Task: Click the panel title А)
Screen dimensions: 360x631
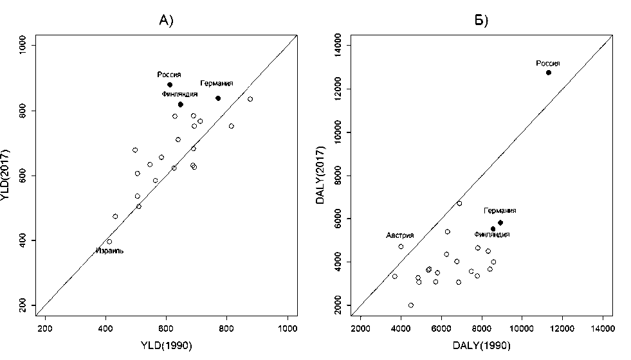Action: (167, 21)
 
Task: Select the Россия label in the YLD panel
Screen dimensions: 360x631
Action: (169, 75)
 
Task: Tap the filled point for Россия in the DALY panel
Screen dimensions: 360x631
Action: (549, 73)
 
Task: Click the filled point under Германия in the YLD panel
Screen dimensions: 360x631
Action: (218, 98)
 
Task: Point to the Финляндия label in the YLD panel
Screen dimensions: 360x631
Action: (179, 94)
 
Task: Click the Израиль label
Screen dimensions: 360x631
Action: (109, 251)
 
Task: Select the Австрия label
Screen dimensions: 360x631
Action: (400, 235)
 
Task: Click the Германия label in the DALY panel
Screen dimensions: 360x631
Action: (500, 211)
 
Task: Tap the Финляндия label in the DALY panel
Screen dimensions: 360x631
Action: (492, 235)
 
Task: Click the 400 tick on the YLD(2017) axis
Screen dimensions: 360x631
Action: (26, 240)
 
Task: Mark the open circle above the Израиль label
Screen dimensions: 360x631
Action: (109, 242)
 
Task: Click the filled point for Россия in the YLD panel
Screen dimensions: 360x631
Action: (170, 85)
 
